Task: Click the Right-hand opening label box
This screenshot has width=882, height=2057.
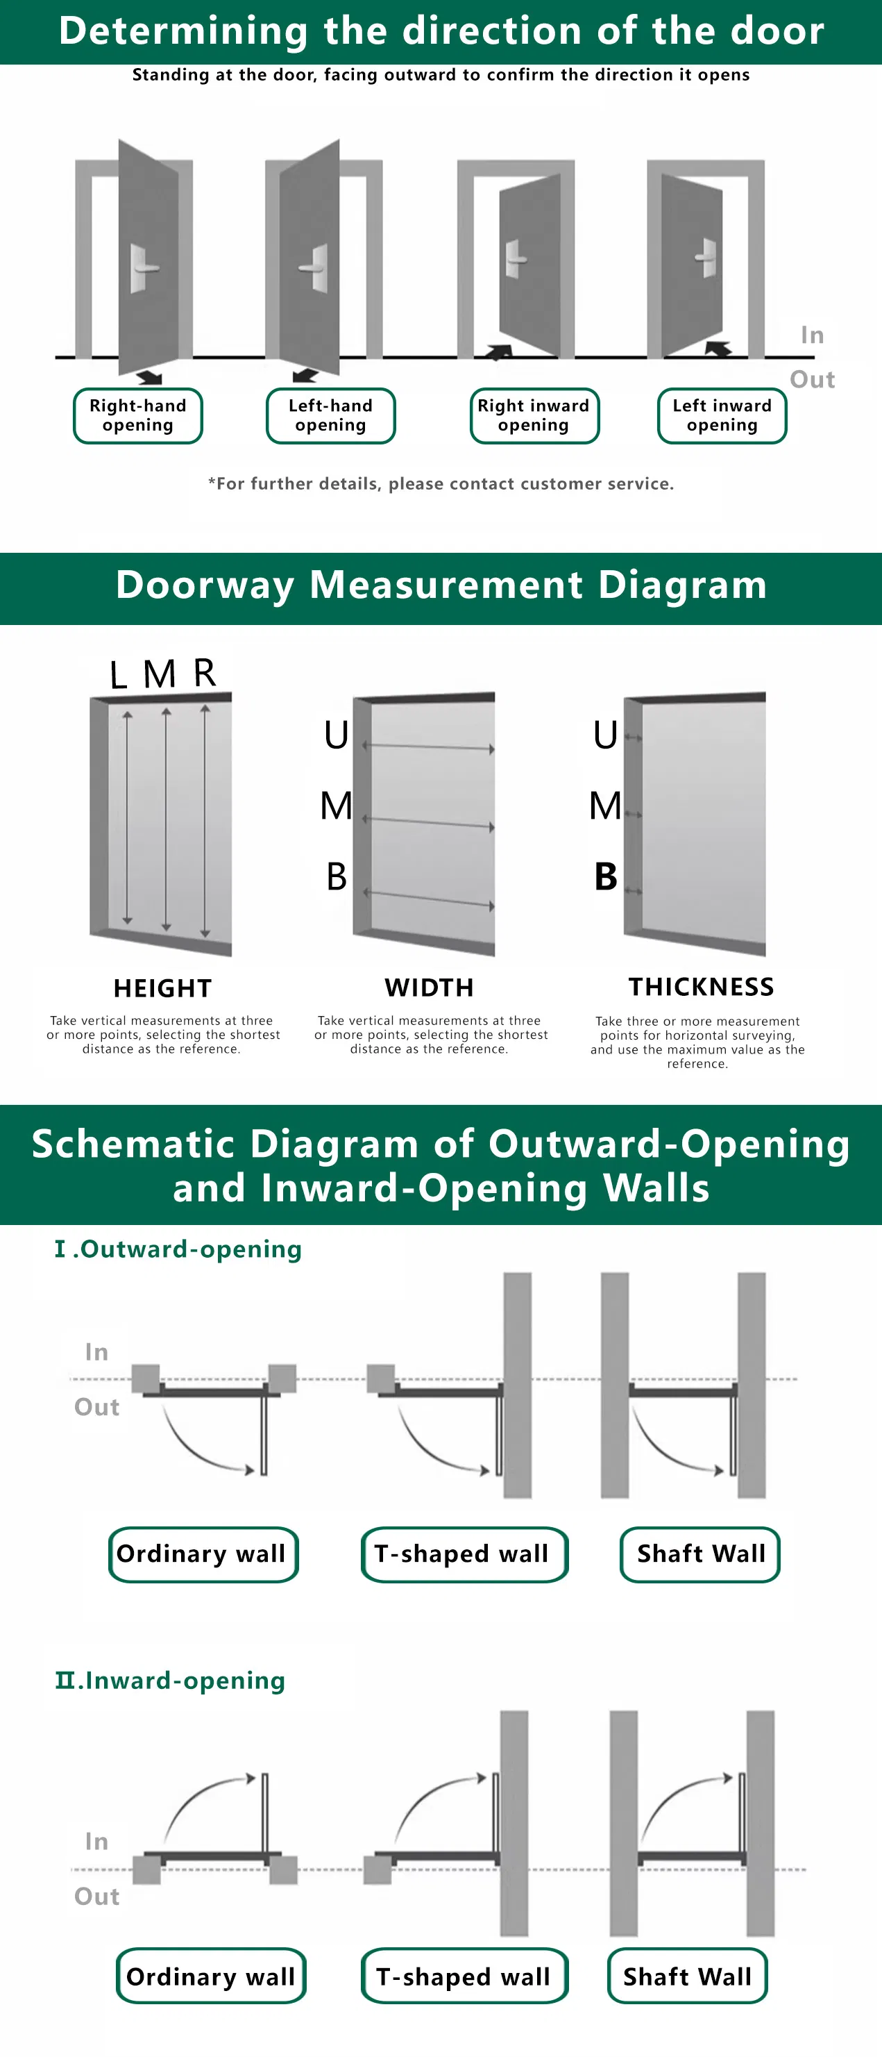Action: (x=138, y=415)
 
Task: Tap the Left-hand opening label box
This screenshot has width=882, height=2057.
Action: (x=330, y=415)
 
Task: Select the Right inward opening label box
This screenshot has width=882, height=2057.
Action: (x=534, y=415)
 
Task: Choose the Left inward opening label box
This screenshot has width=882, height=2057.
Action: (x=722, y=415)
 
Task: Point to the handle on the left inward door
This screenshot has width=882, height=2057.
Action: (x=706, y=257)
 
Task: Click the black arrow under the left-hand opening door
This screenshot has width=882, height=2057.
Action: (x=305, y=375)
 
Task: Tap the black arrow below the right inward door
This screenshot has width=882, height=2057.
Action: (x=500, y=352)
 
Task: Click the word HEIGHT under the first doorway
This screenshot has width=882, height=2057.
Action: (x=163, y=989)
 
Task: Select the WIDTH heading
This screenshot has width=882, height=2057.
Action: (x=430, y=988)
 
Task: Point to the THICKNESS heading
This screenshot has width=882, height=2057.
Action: (x=701, y=987)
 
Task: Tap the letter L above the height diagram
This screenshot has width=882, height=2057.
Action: (x=118, y=675)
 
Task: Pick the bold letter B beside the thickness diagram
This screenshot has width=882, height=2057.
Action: (x=606, y=877)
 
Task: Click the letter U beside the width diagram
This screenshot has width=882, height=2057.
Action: (x=336, y=735)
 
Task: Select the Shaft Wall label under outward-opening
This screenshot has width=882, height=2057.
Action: (x=700, y=1554)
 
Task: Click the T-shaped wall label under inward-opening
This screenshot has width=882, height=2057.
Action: (x=464, y=1976)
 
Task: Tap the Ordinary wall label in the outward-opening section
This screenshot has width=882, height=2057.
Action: (x=203, y=1554)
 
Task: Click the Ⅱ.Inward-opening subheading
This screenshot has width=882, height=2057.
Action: (x=170, y=1680)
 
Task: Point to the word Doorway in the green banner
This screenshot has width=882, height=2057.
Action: (x=205, y=585)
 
